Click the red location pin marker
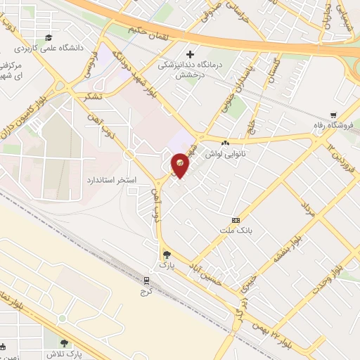tap(181, 164)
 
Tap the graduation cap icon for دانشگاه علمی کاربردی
tap(48, 38)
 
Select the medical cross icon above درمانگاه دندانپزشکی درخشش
tap(190, 54)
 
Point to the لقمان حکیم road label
tap(147, 31)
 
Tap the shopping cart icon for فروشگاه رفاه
tap(333, 116)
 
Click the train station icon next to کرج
tap(147, 278)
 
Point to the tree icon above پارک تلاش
tap(65, 344)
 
